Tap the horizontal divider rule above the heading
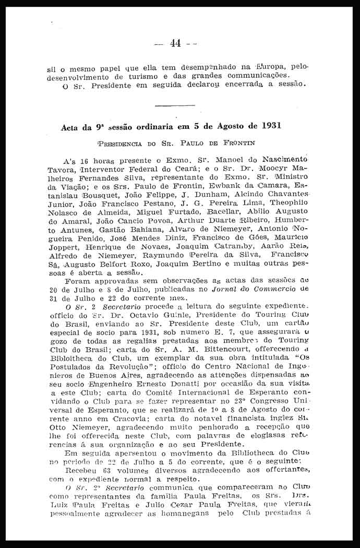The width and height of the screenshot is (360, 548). pyautogui.click(x=175, y=105)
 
